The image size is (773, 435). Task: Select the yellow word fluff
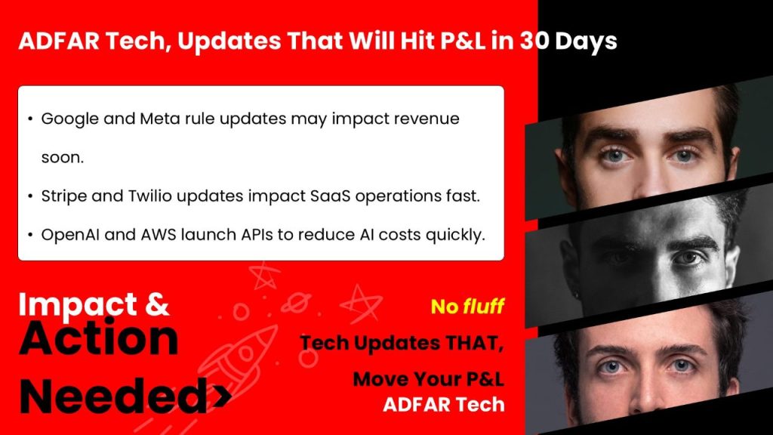484,307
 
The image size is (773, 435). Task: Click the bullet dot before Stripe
29,196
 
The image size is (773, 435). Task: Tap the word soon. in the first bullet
62,159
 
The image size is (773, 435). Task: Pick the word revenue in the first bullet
429,119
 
